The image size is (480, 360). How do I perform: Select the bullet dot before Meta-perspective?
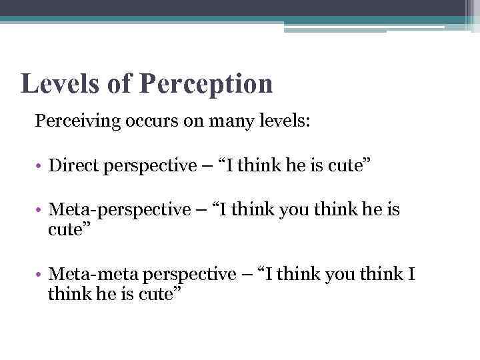point(41,211)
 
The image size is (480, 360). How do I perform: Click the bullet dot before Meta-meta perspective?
point(41,275)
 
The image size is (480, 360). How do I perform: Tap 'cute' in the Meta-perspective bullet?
point(67,229)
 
